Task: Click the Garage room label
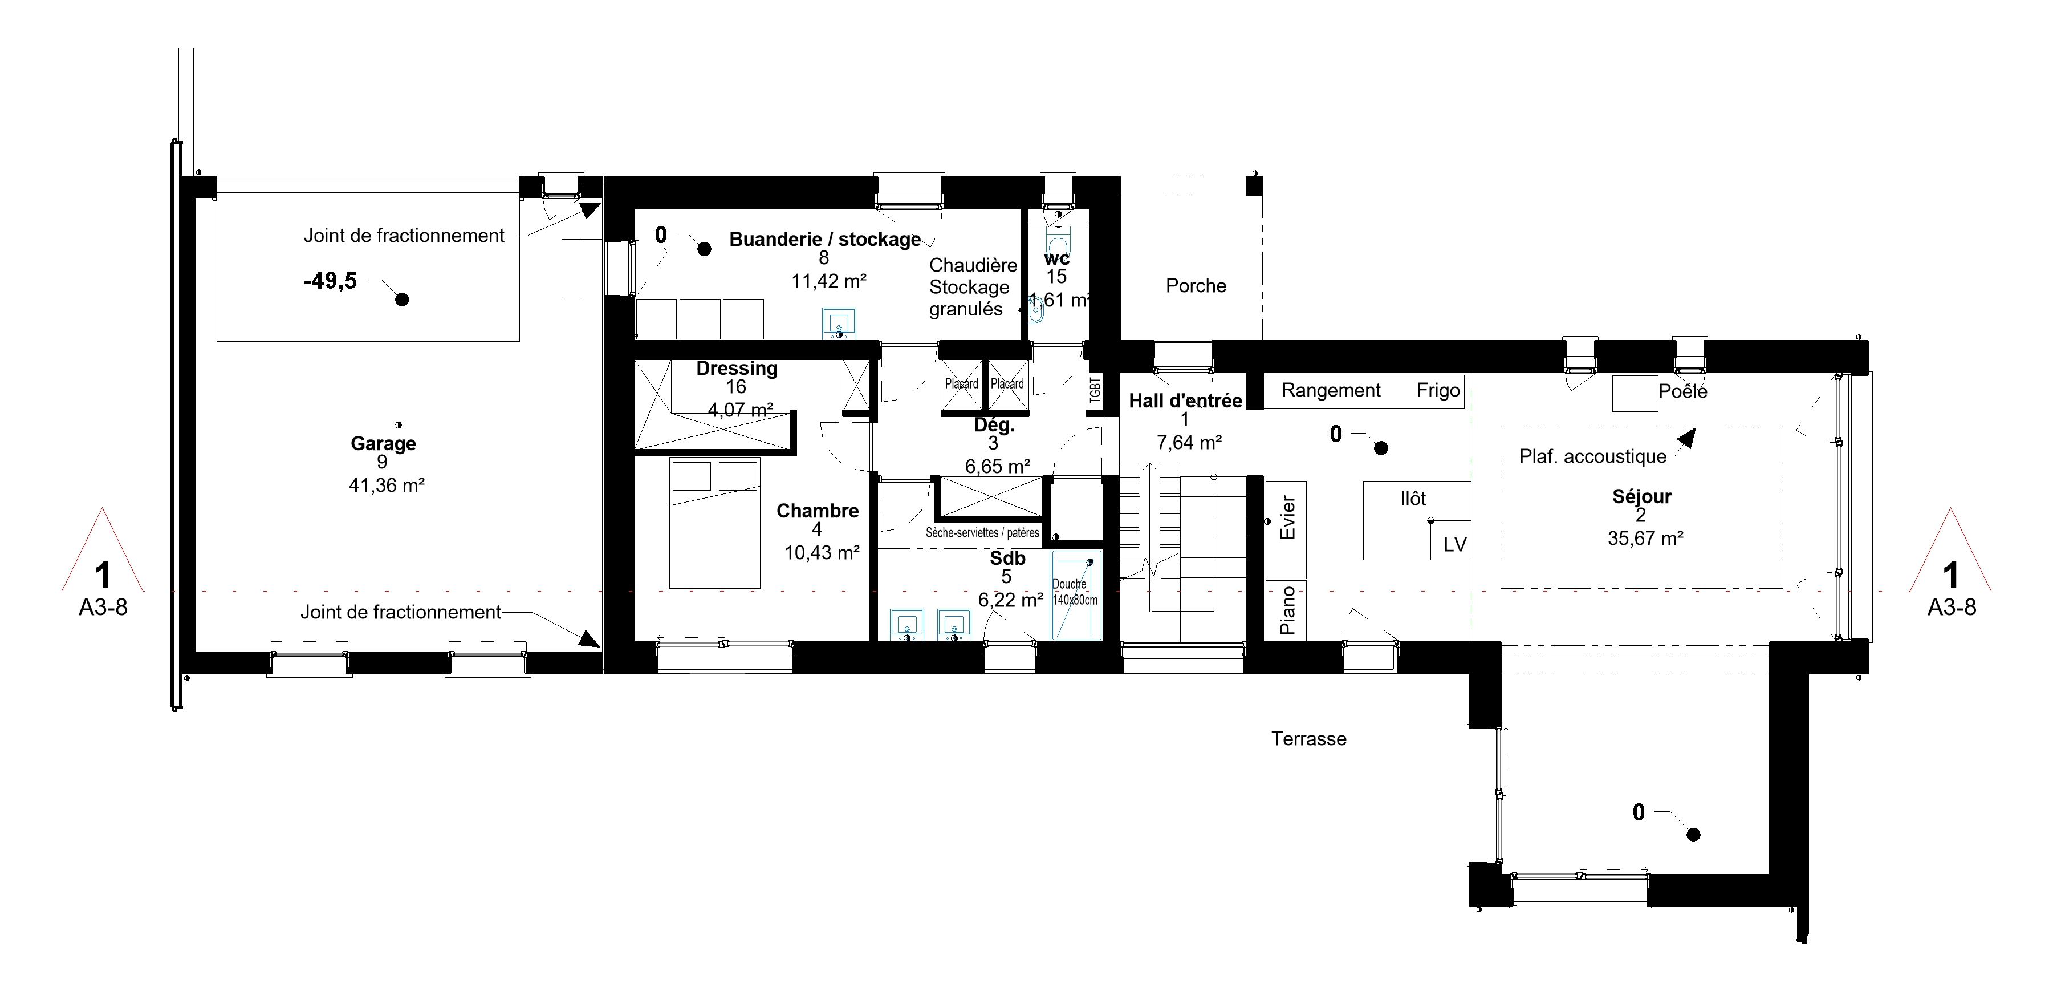click(x=383, y=443)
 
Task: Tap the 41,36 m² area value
click(x=386, y=486)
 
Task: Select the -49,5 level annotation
click(x=330, y=281)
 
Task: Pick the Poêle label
click(x=1682, y=391)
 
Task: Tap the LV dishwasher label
click(x=1454, y=544)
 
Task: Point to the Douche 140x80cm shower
click(x=1075, y=594)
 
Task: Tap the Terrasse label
click(x=1308, y=739)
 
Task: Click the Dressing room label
click(x=737, y=369)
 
